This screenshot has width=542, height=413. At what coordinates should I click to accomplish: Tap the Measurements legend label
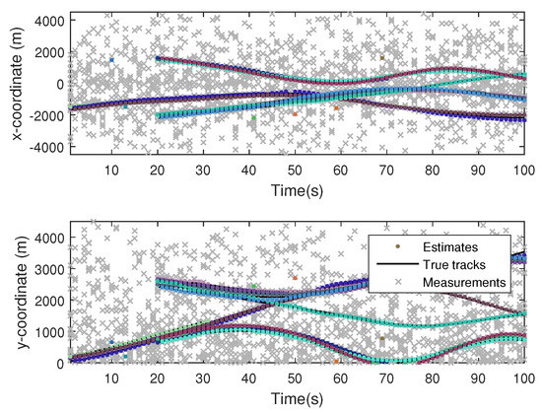coord(462,282)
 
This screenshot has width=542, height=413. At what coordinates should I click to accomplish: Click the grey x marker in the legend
coord(387,282)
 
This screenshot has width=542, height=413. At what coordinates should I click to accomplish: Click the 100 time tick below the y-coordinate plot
coord(522,378)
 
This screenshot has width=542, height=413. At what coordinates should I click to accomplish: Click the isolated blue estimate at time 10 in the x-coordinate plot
coord(111,60)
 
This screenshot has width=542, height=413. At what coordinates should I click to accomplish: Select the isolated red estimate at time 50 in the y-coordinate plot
coord(295,278)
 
